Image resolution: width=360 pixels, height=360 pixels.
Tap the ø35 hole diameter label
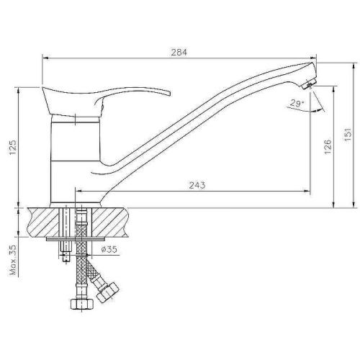[x=109, y=249]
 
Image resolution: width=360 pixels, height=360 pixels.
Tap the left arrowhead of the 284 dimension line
[x=44, y=58]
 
